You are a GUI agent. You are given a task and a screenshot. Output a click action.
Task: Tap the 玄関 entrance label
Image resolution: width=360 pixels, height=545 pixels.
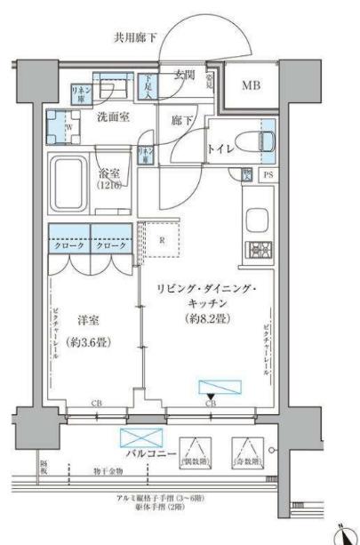[184, 75]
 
